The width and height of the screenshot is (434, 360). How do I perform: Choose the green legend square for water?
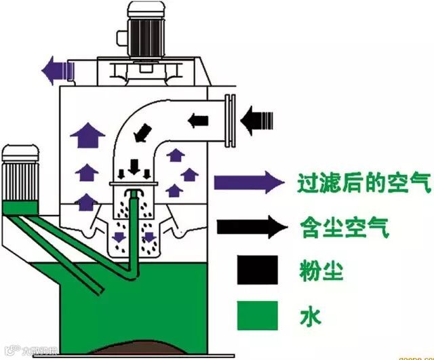(x=258, y=315)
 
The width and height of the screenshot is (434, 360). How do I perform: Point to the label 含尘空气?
(x=344, y=227)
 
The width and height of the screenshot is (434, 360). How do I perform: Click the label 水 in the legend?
(x=309, y=315)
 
